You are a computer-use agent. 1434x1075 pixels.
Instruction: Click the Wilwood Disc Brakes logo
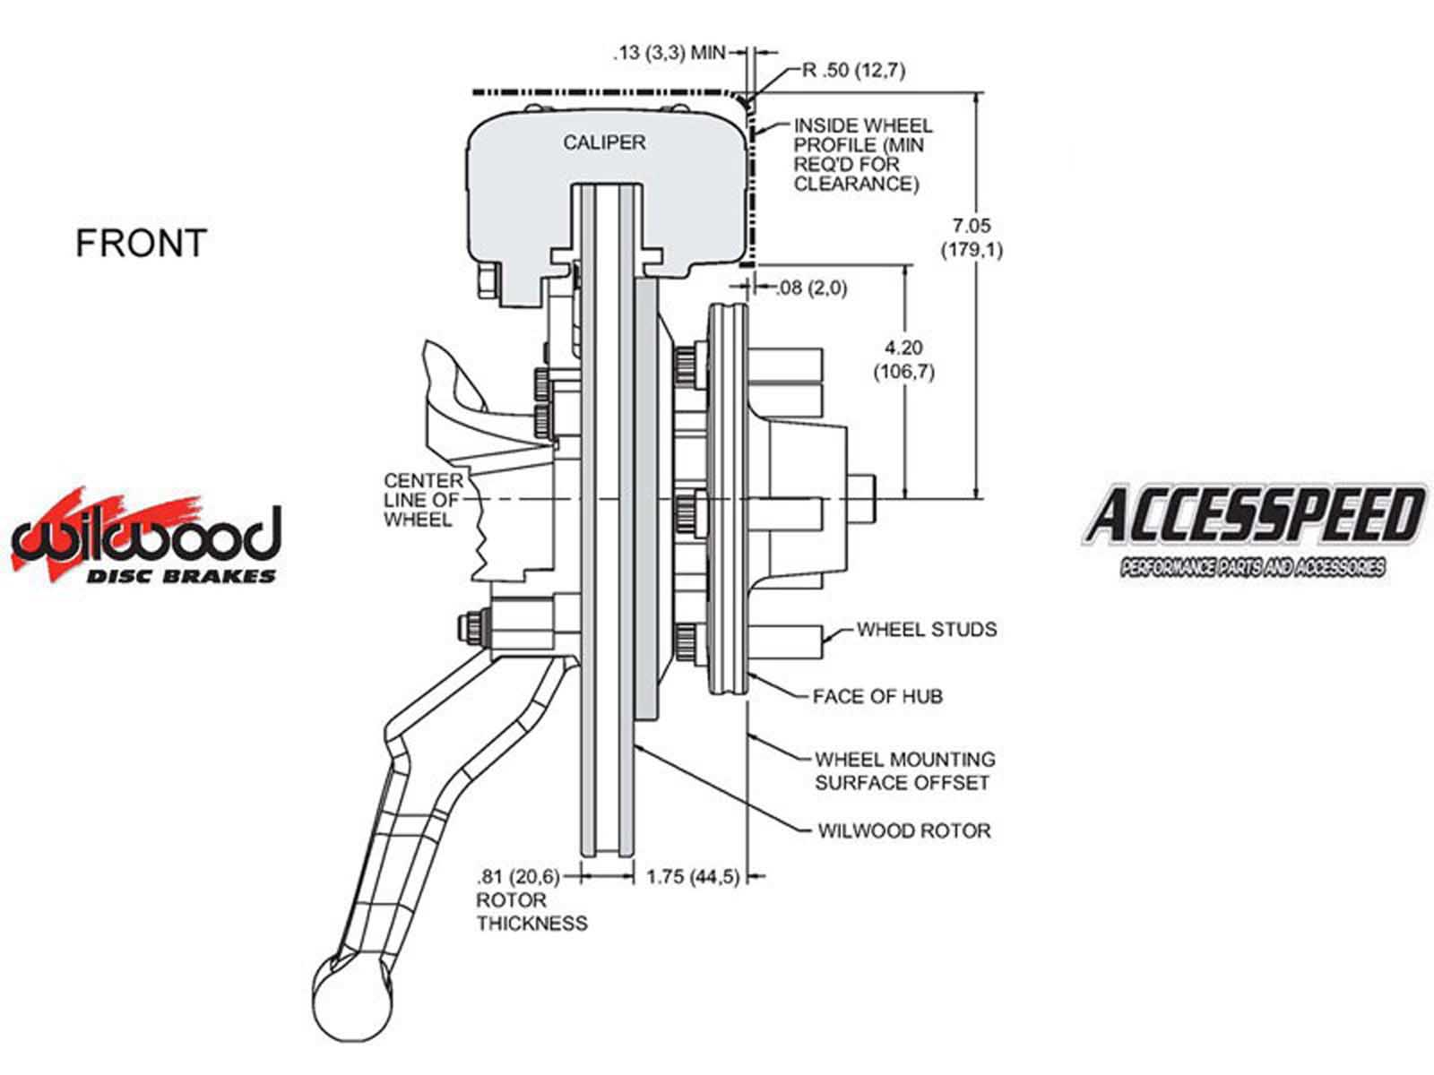tap(145, 537)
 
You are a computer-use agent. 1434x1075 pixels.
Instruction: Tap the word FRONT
tap(141, 244)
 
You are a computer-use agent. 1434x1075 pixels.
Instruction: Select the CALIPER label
tap(604, 142)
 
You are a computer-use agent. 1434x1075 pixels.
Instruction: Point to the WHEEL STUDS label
tap(926, 630)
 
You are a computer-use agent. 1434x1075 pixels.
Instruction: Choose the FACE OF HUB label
tap(877, 696)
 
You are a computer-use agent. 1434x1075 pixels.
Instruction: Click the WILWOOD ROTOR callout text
tap(903, 830)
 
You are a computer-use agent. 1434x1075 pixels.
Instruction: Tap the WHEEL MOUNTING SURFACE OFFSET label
tap(903, 770)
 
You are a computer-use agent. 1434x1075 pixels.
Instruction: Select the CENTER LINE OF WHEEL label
tap(423, 500)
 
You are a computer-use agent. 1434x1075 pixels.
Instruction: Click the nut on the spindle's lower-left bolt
tap(472, 627)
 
